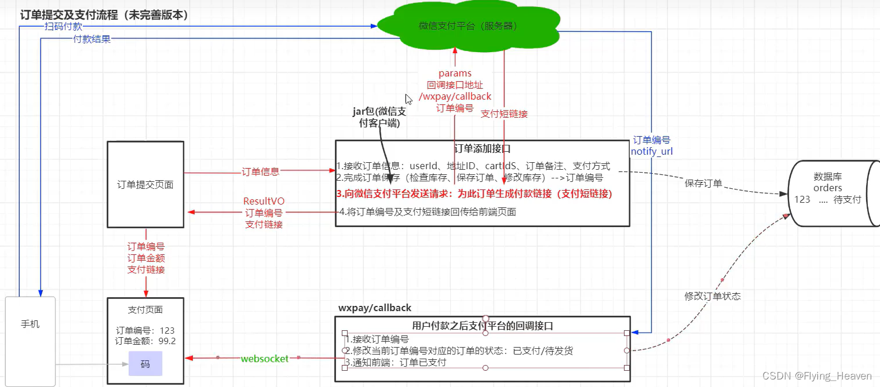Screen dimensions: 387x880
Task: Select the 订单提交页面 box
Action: pos(145,185)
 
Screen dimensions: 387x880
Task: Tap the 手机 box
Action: pos(30,324)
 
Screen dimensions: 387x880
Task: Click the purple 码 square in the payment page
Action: pos(145,364)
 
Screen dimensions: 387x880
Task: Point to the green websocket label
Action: pos(265,359)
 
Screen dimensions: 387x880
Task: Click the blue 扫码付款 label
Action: pos(64,26)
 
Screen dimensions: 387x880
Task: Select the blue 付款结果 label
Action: pos(92,39)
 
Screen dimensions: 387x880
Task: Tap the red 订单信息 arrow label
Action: pos(260,171)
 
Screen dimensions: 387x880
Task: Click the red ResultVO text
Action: pos(264,201)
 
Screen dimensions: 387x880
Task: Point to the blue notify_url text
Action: pos(652,151)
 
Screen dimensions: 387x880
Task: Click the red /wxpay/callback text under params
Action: pos(455,96)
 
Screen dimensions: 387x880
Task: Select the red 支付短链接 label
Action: pos(504,114)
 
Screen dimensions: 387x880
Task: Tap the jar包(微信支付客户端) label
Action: pos(379,118)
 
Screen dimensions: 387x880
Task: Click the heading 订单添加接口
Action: pos(483,149)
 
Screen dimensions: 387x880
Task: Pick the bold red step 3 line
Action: pos(474,193)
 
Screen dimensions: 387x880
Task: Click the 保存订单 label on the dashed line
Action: pos(703,184)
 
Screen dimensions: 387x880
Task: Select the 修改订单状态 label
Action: pos(712,296)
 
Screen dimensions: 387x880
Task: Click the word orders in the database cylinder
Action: pos(827,188)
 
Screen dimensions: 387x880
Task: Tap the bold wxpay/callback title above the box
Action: pos(375,308)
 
